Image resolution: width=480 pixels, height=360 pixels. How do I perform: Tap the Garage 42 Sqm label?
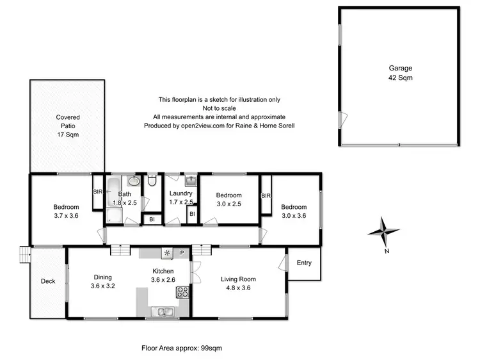pyautogui.click(x=401, y=72)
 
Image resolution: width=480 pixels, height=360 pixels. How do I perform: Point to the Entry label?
pyautogui.click(x=304, y=263)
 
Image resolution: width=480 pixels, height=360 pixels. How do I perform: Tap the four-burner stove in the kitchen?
pyautogui.click(x=182, y=293)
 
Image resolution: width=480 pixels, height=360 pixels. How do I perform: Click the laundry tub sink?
pyautogui.click(x=191, y=180)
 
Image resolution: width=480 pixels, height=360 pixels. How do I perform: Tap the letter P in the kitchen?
pyautogui.click(x=182, y=253)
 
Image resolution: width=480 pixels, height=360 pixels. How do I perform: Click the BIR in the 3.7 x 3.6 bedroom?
pyautogui.click(x=98, y=192)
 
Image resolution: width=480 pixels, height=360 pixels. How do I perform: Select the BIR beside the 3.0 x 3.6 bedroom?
pyautogui.click(x=266, y=195)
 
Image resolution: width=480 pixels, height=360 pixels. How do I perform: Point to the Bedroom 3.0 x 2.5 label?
pyautogui.click(x=228, y=199)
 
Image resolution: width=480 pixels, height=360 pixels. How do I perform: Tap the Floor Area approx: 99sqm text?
pyautogui.click(x=181, y=348)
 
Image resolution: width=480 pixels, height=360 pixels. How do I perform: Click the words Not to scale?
pyautogui.click(x=219, y=108)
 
